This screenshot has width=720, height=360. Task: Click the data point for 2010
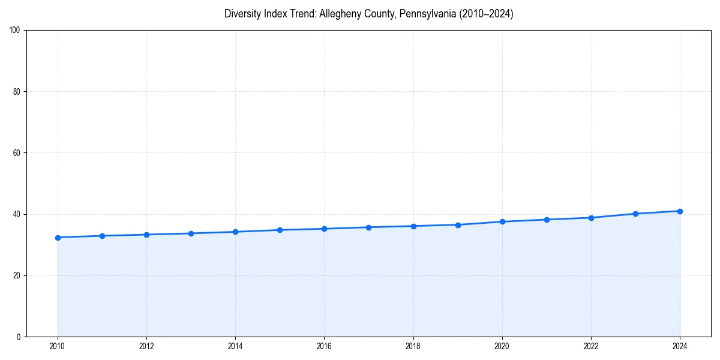click(x=58, y=238)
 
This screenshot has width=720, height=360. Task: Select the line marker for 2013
click(x=191, y=233)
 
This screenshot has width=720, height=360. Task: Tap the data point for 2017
click(x=368, y=227)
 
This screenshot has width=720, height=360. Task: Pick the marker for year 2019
click(x=458, y=225)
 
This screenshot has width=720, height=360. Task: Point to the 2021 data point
click(x=547, y=220)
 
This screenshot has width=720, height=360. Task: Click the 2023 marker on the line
click(x=635, y=214)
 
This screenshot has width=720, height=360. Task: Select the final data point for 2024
click(x=680, y=211)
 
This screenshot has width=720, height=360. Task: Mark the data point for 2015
click(x=280, y=230)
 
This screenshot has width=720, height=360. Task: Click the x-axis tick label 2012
click(x=146, y=346)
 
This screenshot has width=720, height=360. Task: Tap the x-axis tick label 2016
click(x=324, y=346)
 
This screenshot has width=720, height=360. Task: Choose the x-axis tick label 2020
click(x=502, y=346)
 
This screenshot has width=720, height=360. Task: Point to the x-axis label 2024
click(x=680, y=346)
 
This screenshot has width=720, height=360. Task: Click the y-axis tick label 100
click(x=15, y=31)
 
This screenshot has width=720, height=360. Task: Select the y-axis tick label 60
click(x=17, y=153)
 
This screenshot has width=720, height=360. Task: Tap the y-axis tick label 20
click(x=17, y=275)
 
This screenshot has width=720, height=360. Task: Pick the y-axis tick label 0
click(x=19, y=337)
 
